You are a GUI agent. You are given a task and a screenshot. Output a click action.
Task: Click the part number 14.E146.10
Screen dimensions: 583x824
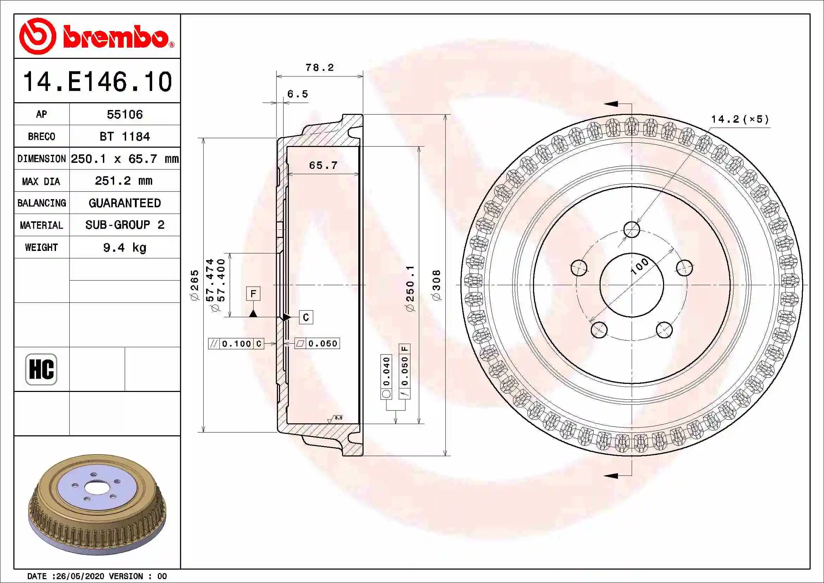point(97,82)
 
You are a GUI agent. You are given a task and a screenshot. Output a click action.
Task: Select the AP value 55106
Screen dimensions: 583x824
point(124,115)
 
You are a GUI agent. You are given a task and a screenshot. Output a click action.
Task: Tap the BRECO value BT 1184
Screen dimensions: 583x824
point(124,137)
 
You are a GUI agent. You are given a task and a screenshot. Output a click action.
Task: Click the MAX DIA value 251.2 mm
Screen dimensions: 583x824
point(124,181)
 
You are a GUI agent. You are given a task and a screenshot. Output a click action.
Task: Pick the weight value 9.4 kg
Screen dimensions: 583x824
point(124,248)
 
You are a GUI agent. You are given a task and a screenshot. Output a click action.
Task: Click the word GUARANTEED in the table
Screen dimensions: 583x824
point(124,203)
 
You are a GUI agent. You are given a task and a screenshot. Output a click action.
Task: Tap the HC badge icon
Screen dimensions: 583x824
point(41,369)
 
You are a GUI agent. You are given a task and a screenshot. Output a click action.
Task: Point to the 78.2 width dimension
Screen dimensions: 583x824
point(320,67)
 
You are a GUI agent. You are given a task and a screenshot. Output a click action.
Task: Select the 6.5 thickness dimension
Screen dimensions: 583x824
point(298,94)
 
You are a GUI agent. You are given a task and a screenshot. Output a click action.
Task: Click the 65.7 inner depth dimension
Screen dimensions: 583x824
point(323,166)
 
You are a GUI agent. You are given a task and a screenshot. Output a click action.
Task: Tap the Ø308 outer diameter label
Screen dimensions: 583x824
point(436,286)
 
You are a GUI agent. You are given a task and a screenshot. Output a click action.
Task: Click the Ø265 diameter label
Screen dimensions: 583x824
point(194,286)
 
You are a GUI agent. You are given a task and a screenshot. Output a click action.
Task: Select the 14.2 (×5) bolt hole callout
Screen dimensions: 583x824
point(740,119)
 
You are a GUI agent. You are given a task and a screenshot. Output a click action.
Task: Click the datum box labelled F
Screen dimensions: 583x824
point(253,294)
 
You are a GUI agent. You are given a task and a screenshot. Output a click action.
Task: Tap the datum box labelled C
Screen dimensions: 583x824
point(306,317)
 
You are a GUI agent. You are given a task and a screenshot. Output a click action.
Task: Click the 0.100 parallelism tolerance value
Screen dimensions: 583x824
point(236,344)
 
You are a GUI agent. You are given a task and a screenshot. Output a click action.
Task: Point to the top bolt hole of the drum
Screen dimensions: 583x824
point(632,229)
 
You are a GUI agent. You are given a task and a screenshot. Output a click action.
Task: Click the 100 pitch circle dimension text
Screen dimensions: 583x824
point(640,266)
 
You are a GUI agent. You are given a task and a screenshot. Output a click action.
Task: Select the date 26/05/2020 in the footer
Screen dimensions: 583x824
point(81,576)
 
